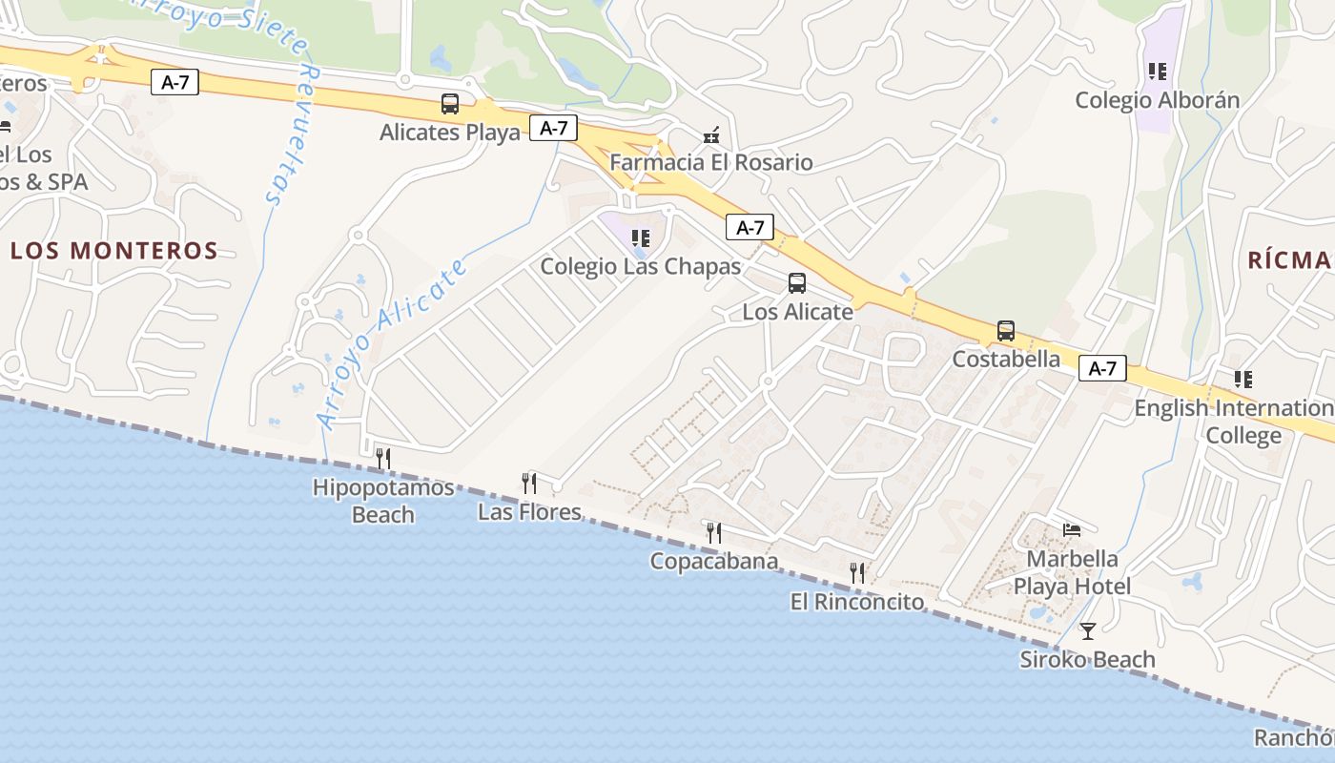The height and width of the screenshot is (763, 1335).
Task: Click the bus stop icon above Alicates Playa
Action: click(449, 104)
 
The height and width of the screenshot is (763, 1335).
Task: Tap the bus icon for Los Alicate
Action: click(796, 283)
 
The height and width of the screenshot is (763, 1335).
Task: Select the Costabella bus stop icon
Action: click(1005, 331)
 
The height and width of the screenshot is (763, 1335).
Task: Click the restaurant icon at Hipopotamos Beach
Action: click(383, 459)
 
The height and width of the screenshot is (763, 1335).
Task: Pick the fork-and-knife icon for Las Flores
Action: click(529, 483)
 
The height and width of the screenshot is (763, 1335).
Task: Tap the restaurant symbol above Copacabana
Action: click(713, 532)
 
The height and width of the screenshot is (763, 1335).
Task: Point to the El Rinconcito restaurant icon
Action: click(857, 572)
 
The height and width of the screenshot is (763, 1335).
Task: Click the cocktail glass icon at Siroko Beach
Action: click(1087, 630)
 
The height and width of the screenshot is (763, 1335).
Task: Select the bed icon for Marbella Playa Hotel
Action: click(1072, 529)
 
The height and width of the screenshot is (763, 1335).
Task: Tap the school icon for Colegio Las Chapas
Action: click(641, 237)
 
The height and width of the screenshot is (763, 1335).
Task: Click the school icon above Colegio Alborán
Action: click(1158, 72)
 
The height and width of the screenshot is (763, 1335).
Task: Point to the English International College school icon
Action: click(1243, 380)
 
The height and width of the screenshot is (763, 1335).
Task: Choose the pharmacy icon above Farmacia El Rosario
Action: click(710, 136)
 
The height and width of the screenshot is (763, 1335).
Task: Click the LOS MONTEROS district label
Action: click(114, 251)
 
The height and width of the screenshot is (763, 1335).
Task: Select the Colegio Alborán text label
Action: click(1157, 100)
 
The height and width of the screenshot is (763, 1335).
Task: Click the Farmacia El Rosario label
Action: click(710, 162)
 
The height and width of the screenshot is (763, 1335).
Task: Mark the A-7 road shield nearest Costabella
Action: click(1102, 369)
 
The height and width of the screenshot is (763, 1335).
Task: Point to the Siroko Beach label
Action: click(1087, 659)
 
